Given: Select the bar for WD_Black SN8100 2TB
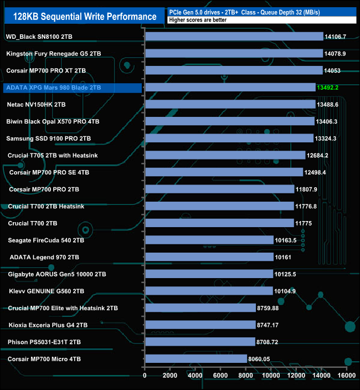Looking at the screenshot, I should point(234,37).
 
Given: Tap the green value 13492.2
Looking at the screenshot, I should point(331,88).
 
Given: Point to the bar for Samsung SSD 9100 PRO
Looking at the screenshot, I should point(229,138).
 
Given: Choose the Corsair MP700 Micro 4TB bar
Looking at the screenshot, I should point(196,358).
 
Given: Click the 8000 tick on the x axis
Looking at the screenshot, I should point(245,375).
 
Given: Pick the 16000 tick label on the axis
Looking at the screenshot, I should point(346,375).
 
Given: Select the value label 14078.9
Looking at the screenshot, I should point(338,54).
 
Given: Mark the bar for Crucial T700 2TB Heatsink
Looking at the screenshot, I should point(219,206).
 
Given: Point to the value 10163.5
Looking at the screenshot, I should point(290,240).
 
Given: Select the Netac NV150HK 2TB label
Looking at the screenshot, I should point(36,104).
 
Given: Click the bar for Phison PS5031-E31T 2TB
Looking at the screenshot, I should point(199,342).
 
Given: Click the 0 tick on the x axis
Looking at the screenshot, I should point(145,375).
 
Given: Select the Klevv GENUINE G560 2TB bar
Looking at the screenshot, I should point(208,291).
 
